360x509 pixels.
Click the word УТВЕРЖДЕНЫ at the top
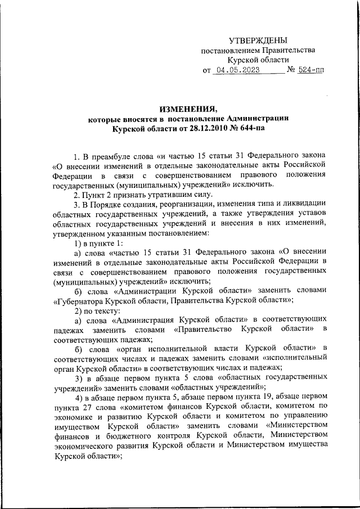[x=258, y=40]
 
